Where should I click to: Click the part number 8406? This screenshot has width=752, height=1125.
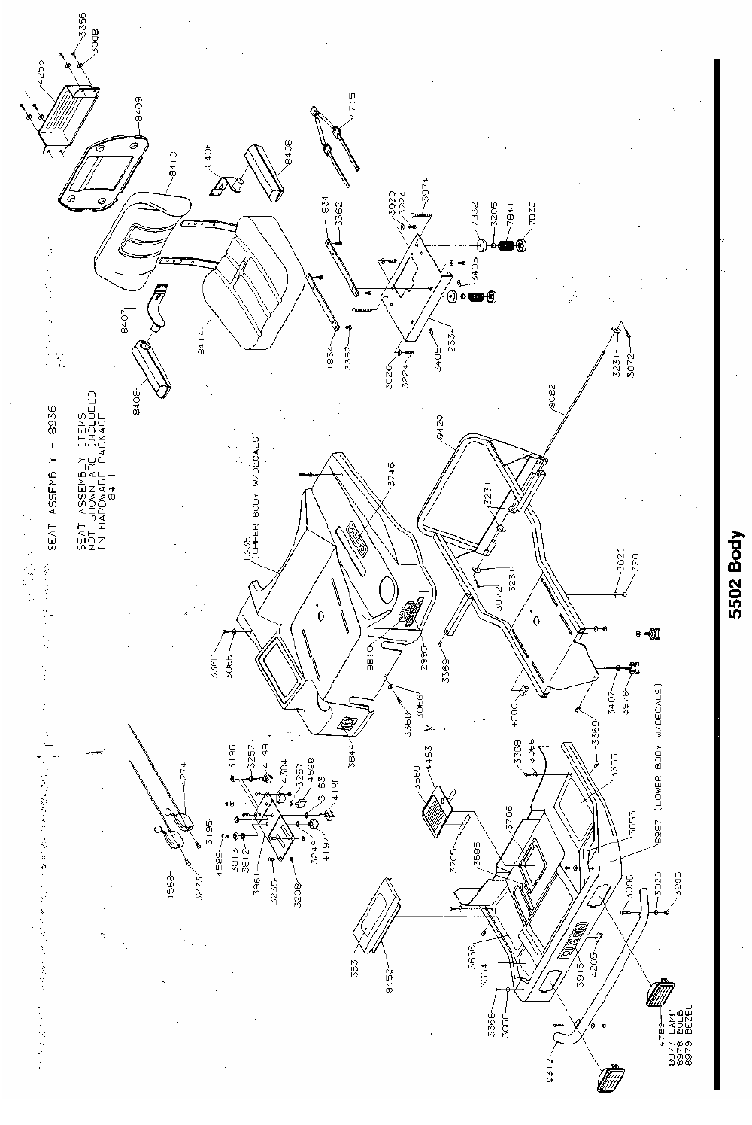point(207,154)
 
